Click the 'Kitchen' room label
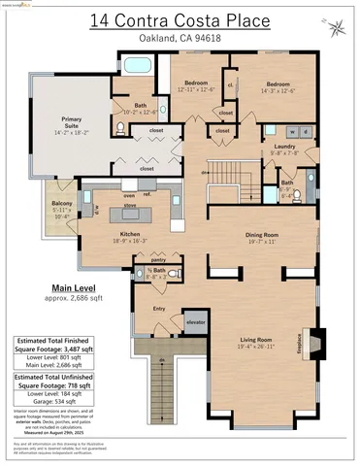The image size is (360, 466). tap(130, 235)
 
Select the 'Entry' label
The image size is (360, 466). tap(160, 308)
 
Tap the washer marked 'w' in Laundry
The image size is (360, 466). tap(294, 129)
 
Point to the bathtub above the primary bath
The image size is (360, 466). tap(135, 67)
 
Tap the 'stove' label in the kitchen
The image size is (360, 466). tap(130, 204)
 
